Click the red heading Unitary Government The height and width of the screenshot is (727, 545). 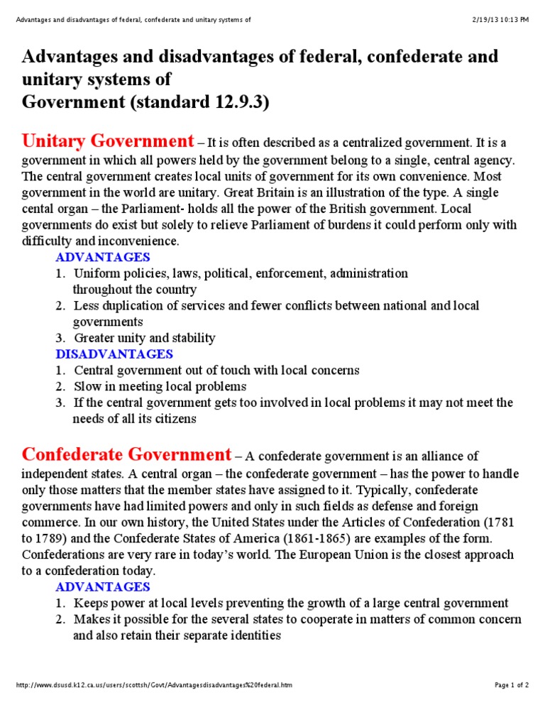[108, 141]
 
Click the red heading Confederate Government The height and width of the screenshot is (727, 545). [126, 454]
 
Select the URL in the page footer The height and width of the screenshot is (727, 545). [153, 685]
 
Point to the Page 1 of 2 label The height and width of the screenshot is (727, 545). [511, 685]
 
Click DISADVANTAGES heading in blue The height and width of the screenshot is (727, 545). [114, 354]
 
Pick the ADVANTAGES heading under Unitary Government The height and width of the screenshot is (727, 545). [103, 257]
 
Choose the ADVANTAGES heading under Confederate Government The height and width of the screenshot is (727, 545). [103, 586]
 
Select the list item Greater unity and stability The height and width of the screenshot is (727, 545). [144, 338]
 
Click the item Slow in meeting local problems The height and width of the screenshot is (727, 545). [160, 386]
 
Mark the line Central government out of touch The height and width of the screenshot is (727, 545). [216, 370]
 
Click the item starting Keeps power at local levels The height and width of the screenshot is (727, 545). [291, 603]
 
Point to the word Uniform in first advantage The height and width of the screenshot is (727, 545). [95, 273]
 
